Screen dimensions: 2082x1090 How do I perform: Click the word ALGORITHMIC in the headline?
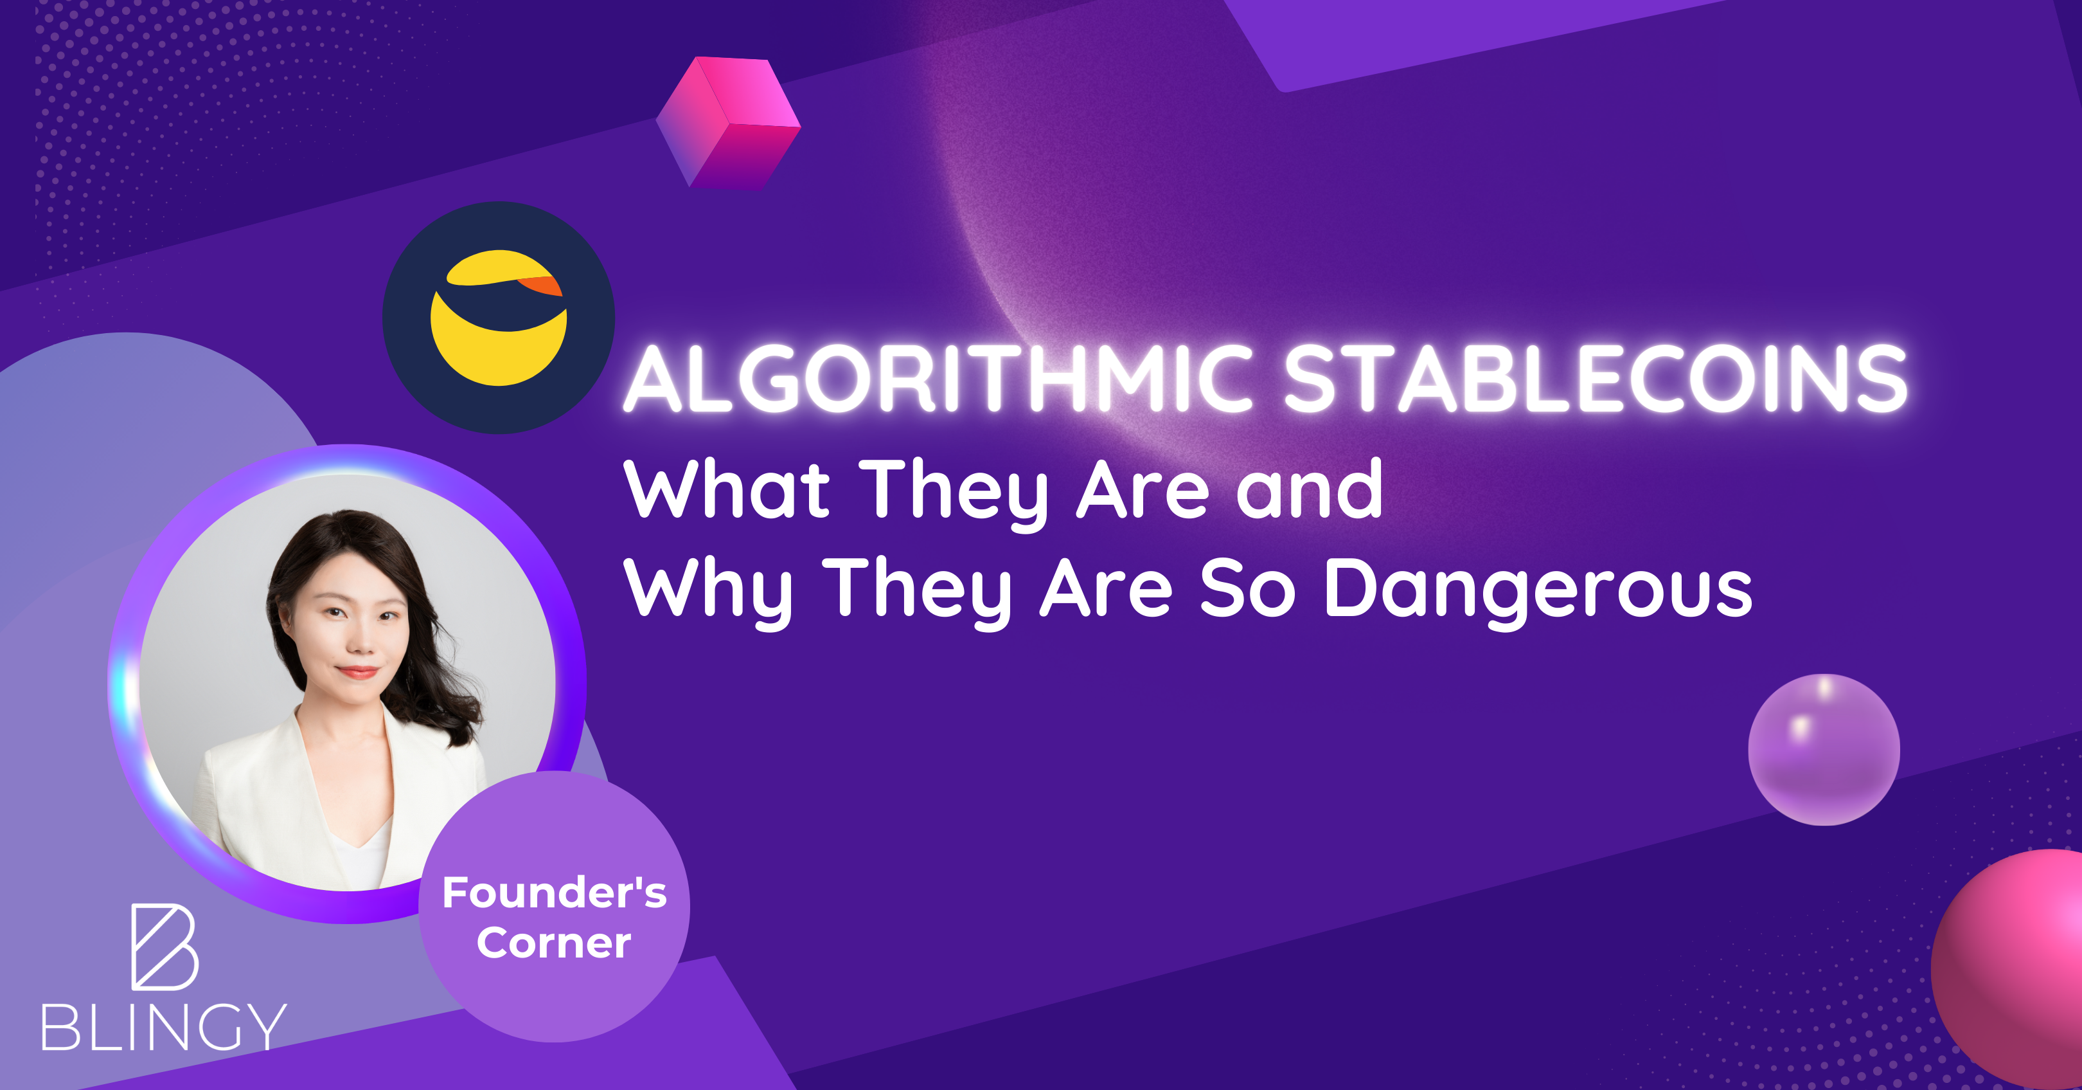point(938,378)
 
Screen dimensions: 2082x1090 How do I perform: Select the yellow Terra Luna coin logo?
point(498,317)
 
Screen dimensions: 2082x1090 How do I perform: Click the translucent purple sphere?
point(1824,750)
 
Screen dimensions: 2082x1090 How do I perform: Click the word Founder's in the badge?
point(555,893)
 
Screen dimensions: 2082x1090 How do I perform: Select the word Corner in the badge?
point(554,943)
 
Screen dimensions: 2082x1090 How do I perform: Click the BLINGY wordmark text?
point(164,1027)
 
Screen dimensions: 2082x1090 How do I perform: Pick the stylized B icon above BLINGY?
point(164,947)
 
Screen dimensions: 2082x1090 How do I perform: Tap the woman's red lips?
point(358,672)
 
